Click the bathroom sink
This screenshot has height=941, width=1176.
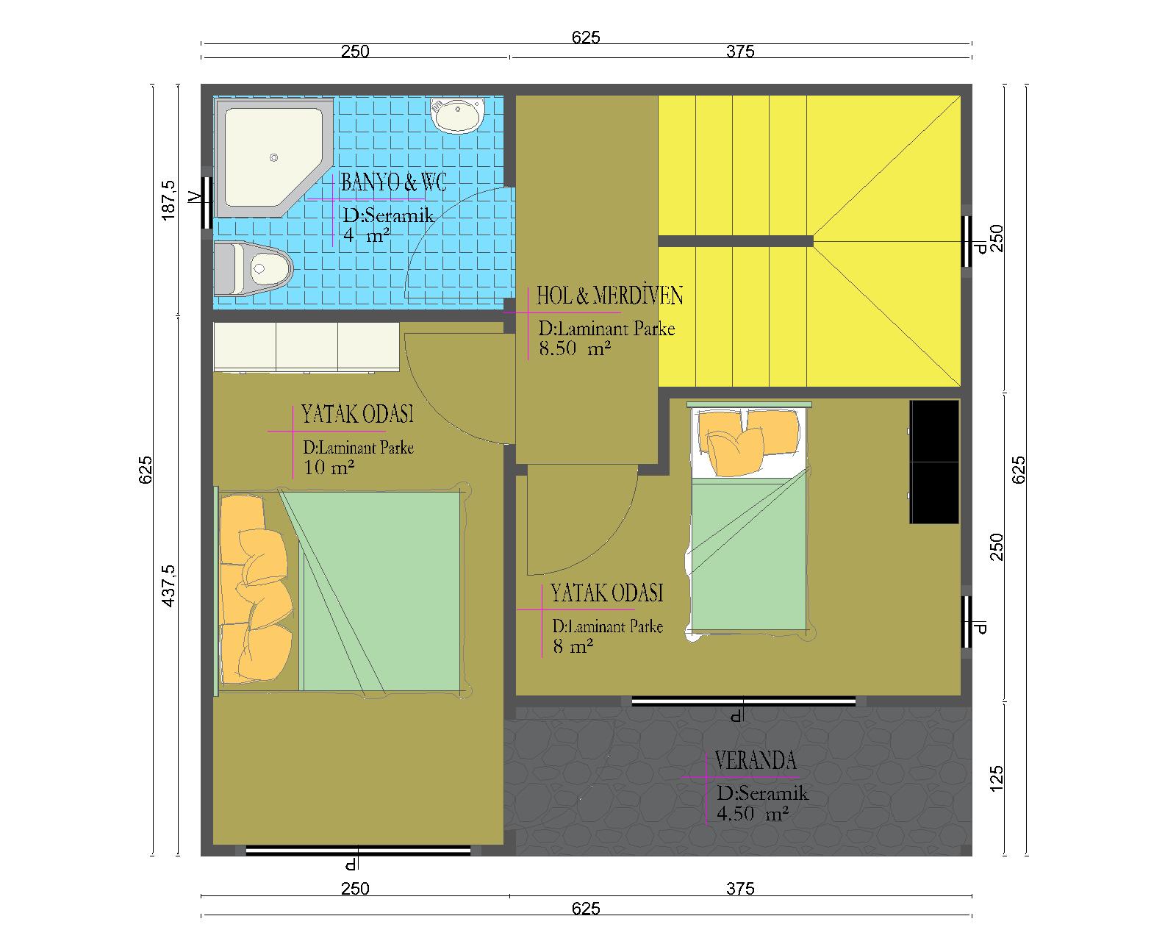(x=457, y=115)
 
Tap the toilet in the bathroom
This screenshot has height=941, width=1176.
(x=252, y=269)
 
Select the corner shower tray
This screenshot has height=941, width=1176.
(x=273, y=157)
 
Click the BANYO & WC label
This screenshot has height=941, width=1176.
(x=393, y=182)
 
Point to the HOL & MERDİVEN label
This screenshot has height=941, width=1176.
(x=609, y=296)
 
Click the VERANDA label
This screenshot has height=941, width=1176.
(x=756, y=761)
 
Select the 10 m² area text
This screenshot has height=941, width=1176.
(x=329, y=468)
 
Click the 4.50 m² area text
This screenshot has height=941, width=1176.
(x=753, y=814)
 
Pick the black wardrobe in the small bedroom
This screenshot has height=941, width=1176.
(x=934, y=462)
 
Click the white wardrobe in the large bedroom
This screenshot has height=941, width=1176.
(x=306, y=347)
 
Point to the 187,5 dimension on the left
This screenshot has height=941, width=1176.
(x=169, y=201)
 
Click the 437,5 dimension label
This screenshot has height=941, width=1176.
(x=169, y=586)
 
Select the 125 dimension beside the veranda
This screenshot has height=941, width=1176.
(x=997, y=779)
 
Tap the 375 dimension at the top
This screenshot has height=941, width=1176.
(x=740, y=51)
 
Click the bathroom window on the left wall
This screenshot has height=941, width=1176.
(x=207, y=203)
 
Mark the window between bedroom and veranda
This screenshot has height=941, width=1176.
(x=744, y=701)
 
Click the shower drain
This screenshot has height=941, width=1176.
(x=273, y=157)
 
